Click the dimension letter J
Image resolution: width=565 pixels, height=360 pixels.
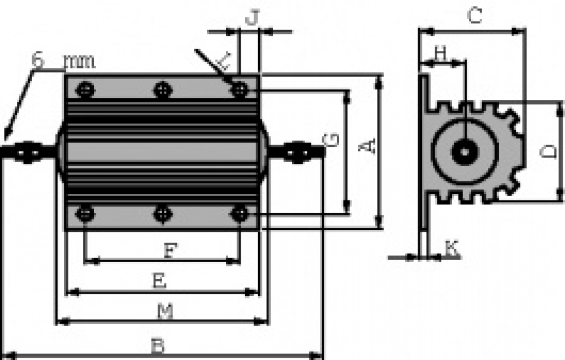point(252,17)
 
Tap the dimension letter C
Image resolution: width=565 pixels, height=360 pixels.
point(474,15)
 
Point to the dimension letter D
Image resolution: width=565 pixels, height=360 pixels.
point(549,151)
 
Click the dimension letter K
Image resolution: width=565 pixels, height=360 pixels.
point(452,248)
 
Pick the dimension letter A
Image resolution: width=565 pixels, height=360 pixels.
point(367,146)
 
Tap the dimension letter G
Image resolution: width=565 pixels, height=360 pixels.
point(331,140)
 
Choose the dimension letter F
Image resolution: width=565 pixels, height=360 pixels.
point(170,250)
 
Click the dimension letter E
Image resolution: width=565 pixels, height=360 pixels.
point(160,281)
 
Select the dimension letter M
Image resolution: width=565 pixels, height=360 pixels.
point(165,311)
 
